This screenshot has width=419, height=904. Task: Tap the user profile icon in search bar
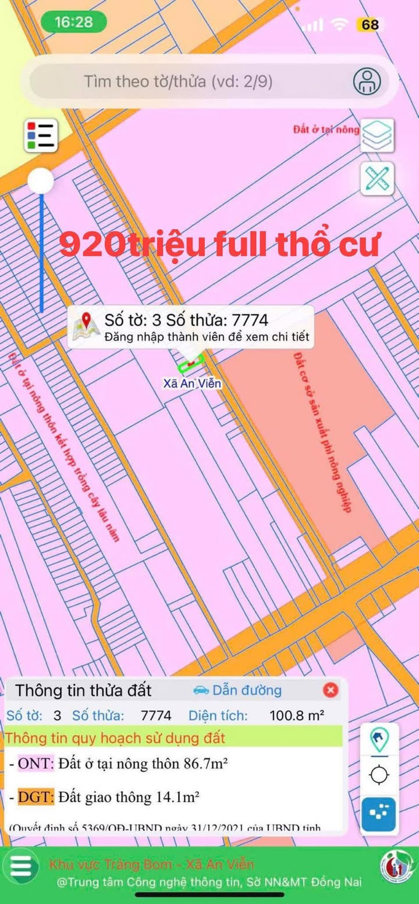(x=367, y=81)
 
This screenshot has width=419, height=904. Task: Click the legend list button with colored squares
(x=41, y=135)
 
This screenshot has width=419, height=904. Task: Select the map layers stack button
(x=377, y=135)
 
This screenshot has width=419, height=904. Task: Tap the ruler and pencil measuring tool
(x=377, y=179)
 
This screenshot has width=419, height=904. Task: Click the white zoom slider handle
(x=41, y=181)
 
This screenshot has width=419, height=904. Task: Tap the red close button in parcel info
(x=331, y=691)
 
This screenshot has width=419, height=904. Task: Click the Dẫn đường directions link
(x=237, y=691)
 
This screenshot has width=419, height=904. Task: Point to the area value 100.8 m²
(x=297, y=716)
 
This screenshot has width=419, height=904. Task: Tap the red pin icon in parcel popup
(x=87, y=320)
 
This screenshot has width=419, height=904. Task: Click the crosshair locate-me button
(x=379, y=775)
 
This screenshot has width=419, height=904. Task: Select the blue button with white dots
(x=379, y=815)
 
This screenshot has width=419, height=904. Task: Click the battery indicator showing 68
(x=370, y=24)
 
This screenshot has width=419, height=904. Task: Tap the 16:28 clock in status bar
(x=73, y=22)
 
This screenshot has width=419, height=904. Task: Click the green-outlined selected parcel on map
(x=190, y=364)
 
